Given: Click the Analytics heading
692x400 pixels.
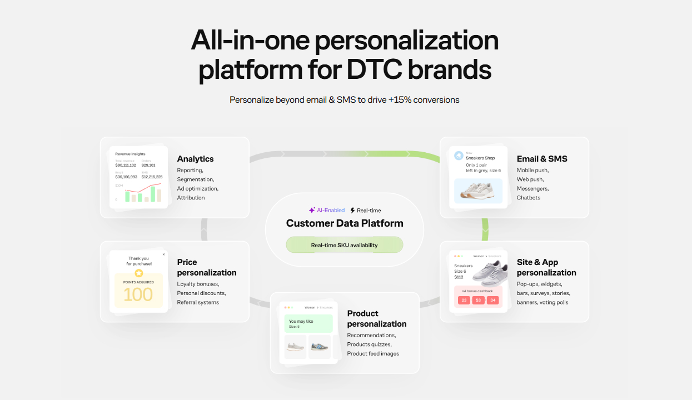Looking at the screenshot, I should pyautogui.click(x=195, y=159).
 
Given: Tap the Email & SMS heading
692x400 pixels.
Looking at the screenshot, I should pyautogui.click(x=542, y=159).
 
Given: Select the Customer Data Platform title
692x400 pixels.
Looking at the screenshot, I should pyautogui.click(x=345, y=223).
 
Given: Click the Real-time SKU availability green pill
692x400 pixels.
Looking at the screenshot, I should pyautogui.click(x=344, y=245).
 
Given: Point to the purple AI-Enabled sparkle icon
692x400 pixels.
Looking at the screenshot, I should pyautogui.click(x=312, y=211).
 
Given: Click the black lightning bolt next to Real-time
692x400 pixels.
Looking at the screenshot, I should pyautogui.click(x=352, y=211).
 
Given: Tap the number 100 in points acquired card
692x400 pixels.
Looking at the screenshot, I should pyautogui.click(x=138, y=294).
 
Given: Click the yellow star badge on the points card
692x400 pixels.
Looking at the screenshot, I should pyautogui.click(x=138, y=273).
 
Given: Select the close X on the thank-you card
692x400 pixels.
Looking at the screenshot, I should pyautogui.click(x=163, y=254).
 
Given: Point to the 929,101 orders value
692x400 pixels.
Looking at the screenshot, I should pyautogui.click(x=148, y=165).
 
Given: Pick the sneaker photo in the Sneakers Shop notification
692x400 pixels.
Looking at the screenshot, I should pyautogui.click(x=478, y=191).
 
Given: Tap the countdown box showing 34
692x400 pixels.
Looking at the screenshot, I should pyautogui.click(x=492, y=301).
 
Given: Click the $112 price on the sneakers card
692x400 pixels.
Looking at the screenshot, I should pyautogui.click(x=459, y=277).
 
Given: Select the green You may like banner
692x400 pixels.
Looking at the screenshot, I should pyautogui.click(x=308, y=323).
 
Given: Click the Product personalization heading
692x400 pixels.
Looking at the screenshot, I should pyautogui.click(x=376, y=319).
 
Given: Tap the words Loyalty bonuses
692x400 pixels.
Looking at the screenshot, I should pyautogui.click(x=198, y=284).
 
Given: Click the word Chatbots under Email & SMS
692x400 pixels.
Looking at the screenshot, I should pyautogui.click(x=528, y=198).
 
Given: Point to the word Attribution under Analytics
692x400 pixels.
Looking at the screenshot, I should pyautogui.click(x=191, y=198).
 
